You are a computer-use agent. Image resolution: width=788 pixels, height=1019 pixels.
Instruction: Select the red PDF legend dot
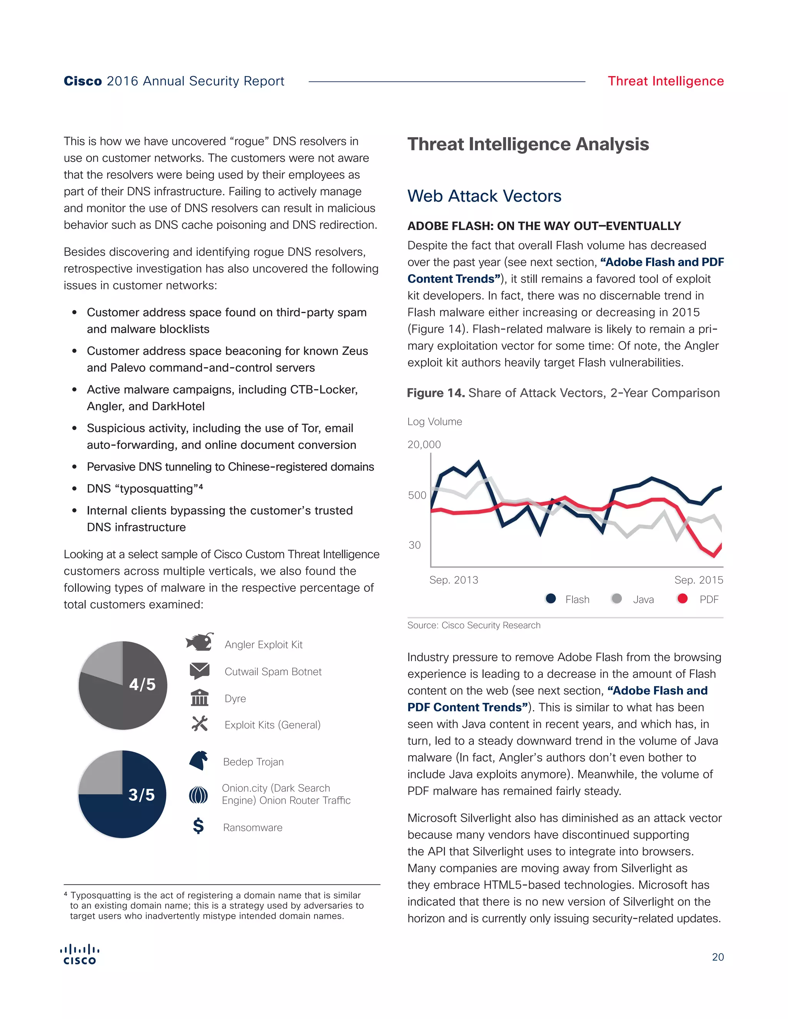pos(682,599)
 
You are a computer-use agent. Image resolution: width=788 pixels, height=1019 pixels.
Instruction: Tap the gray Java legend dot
pos(616,599)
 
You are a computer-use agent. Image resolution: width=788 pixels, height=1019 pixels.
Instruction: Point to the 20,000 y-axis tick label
pos(424,445)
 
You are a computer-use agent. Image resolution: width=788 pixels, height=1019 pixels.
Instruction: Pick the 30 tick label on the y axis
pos(414,545)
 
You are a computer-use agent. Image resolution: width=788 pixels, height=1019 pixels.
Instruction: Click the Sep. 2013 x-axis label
pos(454,580)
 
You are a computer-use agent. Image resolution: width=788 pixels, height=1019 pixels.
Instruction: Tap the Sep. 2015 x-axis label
pos(698,580)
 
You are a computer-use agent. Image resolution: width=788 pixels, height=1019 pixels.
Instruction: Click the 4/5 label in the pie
pos(142,684)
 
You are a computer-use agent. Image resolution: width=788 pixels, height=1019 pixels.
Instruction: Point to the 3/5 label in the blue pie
pos(142,794)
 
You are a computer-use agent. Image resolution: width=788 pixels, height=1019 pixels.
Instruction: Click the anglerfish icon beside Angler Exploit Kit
pos(200,642)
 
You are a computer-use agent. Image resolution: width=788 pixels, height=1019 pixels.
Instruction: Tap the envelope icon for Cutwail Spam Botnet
pos(200,671)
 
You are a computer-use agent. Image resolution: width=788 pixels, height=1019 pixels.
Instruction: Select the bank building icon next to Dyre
pos(200,698)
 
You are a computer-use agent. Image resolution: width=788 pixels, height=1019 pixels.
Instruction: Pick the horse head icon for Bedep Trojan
pos(199,761)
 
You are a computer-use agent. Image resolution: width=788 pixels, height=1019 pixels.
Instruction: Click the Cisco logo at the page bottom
pos(80,955)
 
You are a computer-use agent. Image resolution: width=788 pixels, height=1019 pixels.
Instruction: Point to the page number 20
pos(718,957)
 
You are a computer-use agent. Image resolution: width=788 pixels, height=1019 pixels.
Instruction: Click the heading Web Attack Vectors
pos(484,196)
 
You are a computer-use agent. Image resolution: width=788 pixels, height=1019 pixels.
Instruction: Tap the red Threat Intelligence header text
pos(665,81)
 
